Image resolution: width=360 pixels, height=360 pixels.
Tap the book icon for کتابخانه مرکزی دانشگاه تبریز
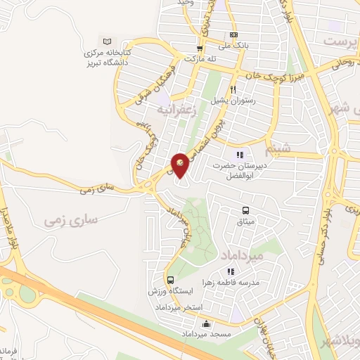[107, 41]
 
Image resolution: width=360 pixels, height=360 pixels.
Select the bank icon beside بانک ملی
[233, 35]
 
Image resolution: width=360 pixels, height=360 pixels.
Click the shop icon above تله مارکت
[200, 49]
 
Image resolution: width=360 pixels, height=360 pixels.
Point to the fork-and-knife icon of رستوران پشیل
[233, 89]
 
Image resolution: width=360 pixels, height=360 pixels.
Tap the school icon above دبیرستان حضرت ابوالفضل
[240, 155]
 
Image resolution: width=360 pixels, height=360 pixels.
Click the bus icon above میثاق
[245, 210]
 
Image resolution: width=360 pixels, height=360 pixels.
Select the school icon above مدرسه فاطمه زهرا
[229, 271]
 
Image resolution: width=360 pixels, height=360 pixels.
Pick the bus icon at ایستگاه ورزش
[170, 280]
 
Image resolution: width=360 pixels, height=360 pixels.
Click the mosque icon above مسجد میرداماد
[206, 324]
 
